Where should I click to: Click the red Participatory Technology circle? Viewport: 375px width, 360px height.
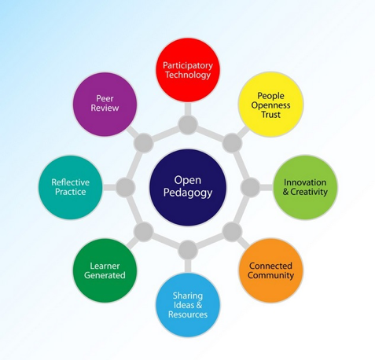click(x=188, y=70)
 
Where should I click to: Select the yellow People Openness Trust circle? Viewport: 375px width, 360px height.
click(x=270, y=105)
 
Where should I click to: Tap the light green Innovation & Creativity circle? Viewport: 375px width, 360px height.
click(x=305, y=187)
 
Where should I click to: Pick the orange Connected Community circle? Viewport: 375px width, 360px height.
click(x=270, y=270)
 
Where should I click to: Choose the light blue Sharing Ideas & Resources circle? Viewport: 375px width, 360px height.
click(x=188, y=305)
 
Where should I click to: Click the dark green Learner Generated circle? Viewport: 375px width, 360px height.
click(x=105, y=270)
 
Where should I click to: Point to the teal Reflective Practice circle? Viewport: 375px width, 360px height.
click(x=70, y=187)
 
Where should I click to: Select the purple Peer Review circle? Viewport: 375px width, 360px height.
click(x=105, y=105)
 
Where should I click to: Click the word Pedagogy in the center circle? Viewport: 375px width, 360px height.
click(x=188, y=193)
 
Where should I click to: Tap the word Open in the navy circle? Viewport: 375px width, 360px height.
click(x=188, y=180)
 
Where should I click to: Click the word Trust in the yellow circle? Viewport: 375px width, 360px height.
click(x=270, y=115)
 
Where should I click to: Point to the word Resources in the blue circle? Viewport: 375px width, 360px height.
click(x=188, y=314)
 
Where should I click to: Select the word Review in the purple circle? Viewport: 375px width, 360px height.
click(x=105, y=108)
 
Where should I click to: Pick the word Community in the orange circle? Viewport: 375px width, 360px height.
click(x=270, y=276)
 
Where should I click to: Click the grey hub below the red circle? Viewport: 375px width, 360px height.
click(x=188, y=125)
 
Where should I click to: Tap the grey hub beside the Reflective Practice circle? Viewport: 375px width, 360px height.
click(x=125, y=187)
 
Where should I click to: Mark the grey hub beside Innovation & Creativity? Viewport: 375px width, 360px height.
click(x=250, y=187)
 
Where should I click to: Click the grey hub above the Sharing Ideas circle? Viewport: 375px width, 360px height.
click(x=188, y=250)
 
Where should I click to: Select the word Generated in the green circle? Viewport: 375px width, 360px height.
click(x=105, y=275)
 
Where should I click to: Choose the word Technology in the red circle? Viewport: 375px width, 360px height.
click(x=188, y=75)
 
